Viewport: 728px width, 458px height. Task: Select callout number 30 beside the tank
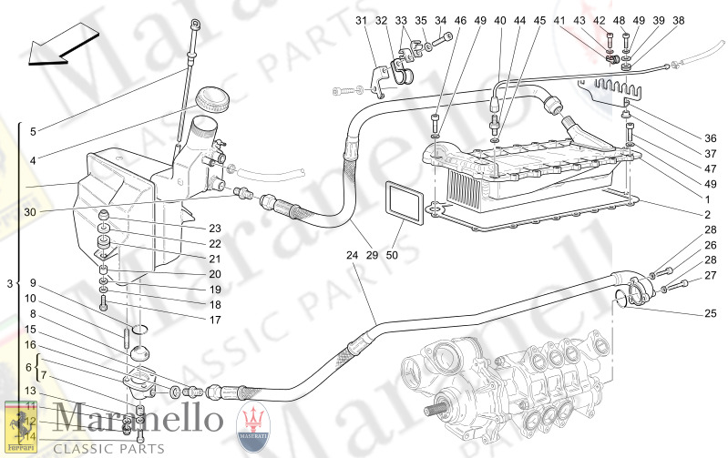click(x=30, y=212)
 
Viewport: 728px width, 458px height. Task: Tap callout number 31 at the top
click(x=360, y=20)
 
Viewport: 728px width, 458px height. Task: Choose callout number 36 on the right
click(x=710, y=137)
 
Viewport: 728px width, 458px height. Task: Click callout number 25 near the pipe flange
click(x=710, y=314)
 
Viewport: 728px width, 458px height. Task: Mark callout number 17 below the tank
click(x=215, y=320)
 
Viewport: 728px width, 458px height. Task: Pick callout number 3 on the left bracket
click(x=9, y=285)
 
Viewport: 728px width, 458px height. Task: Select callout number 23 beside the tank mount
click(x=215, y=229)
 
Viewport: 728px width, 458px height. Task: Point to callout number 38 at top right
click(x=678, y=20)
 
